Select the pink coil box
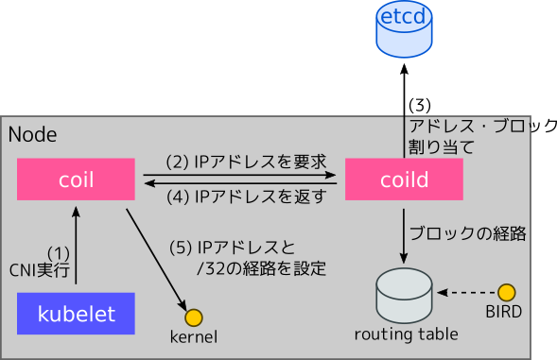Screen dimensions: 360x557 pos(77,178)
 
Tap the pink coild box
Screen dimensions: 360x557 pos(404,178)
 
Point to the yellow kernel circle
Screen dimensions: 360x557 pos(194,317)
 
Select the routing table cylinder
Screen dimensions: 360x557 pos(406,296)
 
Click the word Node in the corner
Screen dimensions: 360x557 pos(32,135)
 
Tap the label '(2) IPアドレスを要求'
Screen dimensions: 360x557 pos(246,162)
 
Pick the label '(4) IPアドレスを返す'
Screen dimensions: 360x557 pos(246,197)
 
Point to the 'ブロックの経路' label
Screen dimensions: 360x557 pos(466,232)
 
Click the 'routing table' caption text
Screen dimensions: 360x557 pos(406,334)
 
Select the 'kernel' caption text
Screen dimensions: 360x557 pos(194,336)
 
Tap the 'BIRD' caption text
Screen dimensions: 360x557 pos(503,311)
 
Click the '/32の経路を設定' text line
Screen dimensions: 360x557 pos(260,268)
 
